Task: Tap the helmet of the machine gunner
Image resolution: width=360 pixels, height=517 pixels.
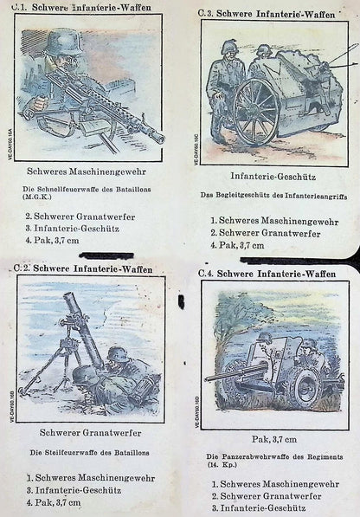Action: [x=65, y=42]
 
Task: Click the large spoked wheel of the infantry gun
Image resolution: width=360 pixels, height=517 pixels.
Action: [x=256, y=112]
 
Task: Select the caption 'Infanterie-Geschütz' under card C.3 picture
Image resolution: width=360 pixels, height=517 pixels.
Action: [x=273, y=177]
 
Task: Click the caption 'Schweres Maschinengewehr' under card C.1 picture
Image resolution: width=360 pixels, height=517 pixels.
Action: [x=87, y=171]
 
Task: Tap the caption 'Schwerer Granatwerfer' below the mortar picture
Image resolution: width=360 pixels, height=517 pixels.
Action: [x=90, y=433]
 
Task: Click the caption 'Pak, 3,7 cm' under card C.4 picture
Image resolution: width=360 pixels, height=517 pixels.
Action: [x=274, y=439]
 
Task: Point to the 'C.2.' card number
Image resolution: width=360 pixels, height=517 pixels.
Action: [x=22, y=268]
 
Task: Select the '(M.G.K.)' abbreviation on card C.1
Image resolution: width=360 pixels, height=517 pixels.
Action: [x=37, y=197]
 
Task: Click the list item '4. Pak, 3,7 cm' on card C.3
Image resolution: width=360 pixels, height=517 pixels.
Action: [x=237, y=245]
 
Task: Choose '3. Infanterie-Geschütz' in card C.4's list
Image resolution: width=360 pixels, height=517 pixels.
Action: [x=259, y=508]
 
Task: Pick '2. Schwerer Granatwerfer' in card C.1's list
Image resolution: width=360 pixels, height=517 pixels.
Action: [x=80, y=216]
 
